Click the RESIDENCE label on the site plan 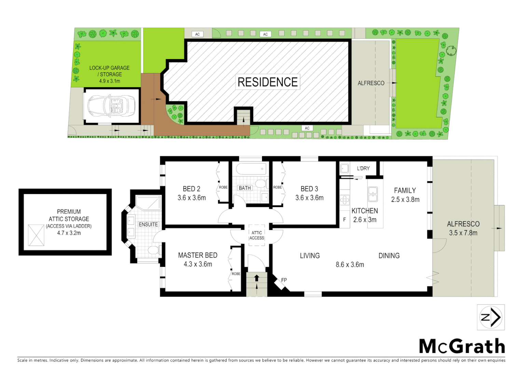[x=267, y=82]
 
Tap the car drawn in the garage [x=112, y=106]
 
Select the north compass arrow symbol [x=491, y=317]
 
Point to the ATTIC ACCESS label [x=257, y=235]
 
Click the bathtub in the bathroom [x=251, y=169]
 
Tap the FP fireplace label [x=284, y=280]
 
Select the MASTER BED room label [x=197, y=255]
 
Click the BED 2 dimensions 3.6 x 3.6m [x=192, y=198]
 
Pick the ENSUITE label [x=148, y=224]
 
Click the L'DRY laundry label [x=363, y=168]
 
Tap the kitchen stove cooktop [x=345, y=200]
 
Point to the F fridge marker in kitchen [x=344, y=220]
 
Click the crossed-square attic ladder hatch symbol [x=36, y=235]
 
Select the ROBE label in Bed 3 [x=277, y=187]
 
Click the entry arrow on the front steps [x=257, y=278]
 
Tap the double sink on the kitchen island [x=373, y=194]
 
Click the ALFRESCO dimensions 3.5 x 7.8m [x=463, y=233]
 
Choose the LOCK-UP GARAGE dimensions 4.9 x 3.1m [x=109, y=81]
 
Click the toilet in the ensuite [x=154, y=250]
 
